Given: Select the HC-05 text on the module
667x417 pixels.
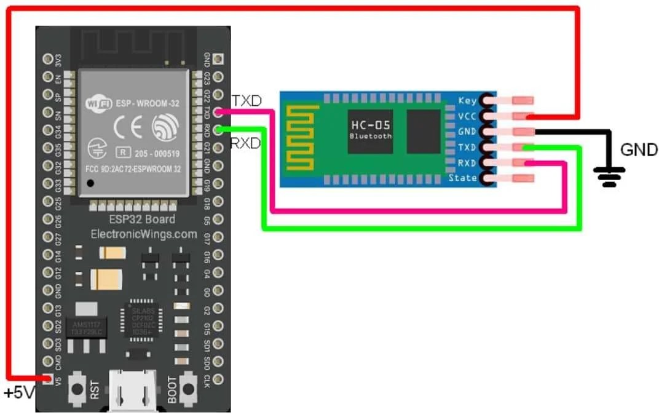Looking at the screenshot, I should pyautogui.click(x=369, y=125).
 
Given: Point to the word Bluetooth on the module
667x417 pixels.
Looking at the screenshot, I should pyautogui.click(x=370, y=136).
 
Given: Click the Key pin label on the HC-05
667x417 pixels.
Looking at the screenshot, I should pyautogui.click(x=468, y=101).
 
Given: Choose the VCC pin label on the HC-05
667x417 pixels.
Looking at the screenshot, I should pyautogui.click(x=468, y=116).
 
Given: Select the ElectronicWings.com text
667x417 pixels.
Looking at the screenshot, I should pyautogui.click(x=144, y=234).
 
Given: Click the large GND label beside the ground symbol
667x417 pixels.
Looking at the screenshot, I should pyautogui.click(x=639, y=149).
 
